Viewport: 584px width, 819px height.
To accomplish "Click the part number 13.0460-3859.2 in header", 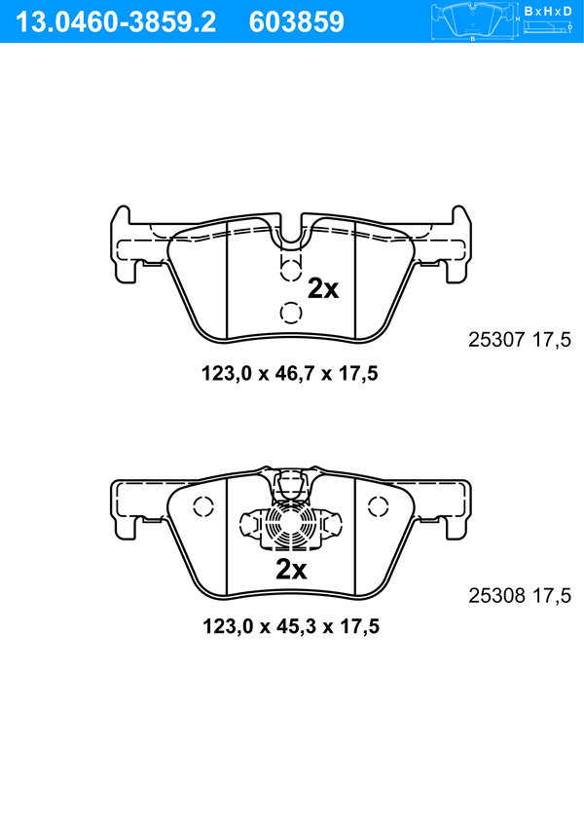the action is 116,22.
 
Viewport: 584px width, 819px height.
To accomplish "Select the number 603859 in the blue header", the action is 297,22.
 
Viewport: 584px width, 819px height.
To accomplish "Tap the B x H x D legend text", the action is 548,11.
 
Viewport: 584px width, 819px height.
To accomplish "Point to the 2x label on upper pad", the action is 323,288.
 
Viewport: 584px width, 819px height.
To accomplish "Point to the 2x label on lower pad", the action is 291,570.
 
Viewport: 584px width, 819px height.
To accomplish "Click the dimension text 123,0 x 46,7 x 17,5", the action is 290,373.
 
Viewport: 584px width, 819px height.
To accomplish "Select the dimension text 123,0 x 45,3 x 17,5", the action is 291,626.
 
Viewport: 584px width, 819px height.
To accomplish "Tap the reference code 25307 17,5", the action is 520,340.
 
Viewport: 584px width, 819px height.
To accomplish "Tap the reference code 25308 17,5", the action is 520,595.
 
